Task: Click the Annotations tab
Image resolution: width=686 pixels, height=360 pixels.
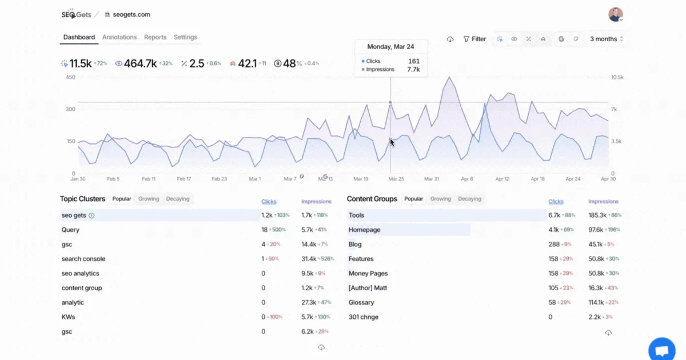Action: [119, 37]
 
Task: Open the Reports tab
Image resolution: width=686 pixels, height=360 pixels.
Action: [155, 37]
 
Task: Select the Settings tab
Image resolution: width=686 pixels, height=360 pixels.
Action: [185, 37]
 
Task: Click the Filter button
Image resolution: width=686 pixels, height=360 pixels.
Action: [474, 39]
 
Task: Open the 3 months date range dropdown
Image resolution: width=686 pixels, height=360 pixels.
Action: [607, 39]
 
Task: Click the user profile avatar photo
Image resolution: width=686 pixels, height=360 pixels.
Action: [616, 14]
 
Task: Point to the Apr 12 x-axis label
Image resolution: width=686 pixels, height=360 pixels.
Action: [502, 179]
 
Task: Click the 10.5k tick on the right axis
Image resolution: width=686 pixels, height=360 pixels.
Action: [617, 77]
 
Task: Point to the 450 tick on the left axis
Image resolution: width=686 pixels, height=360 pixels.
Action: [71, 77]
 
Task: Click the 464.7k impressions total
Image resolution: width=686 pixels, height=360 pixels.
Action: [140, 63]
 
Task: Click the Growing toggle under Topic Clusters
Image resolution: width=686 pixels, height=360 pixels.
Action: [149, 199]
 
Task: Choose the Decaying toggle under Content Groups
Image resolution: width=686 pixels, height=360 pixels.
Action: [469, 199]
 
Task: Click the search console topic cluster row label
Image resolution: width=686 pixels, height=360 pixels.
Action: [83, 259]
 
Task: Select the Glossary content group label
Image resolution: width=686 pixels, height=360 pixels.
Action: [361, 302]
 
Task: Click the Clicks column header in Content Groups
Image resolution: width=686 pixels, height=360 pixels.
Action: [556, 201]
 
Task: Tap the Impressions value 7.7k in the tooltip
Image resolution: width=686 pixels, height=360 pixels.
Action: [413, 70]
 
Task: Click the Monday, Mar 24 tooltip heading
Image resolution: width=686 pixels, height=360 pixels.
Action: [390, 47]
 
